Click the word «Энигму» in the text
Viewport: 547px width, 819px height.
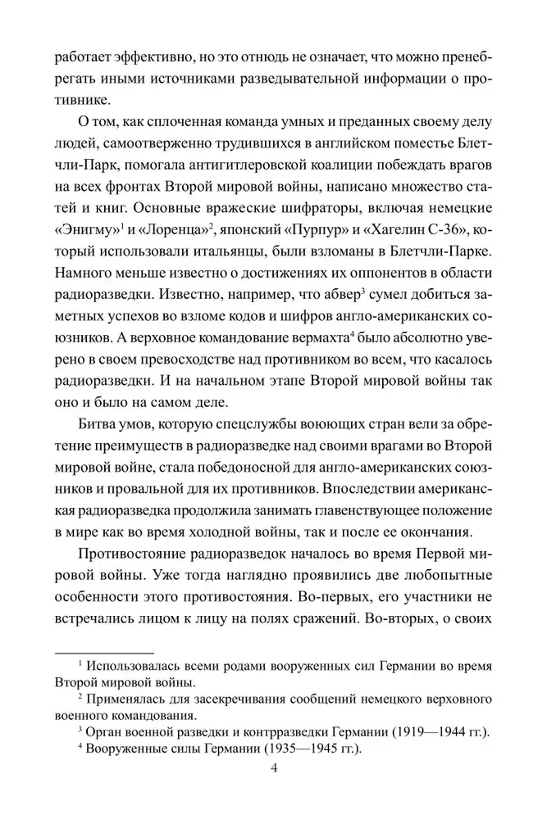tap(81, 228)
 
